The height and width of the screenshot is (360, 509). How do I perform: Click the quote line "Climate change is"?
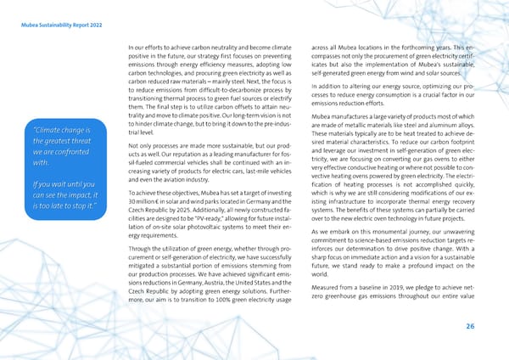coord(66,130)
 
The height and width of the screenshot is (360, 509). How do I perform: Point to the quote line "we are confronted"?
coord(62,152)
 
